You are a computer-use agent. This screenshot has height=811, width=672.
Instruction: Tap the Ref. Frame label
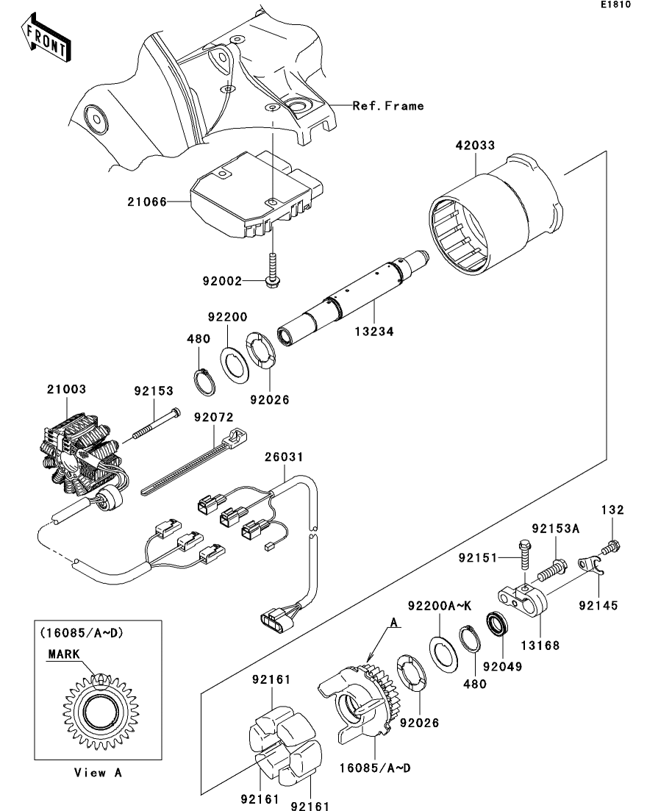[x=388, y=106]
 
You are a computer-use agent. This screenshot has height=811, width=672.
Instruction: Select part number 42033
[x=475, y=146]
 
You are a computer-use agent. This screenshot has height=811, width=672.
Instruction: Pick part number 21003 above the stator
[x=66, y=389]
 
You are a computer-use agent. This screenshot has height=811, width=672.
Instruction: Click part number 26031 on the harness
[x=284, y=457]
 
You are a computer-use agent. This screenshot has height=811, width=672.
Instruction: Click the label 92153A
[x=556, y=529]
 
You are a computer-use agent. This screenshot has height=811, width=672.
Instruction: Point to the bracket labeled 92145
[x=590, y=566]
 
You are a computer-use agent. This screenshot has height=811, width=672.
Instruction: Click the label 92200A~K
[x=439, y=606]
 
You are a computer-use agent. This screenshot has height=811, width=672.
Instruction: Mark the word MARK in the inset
[x=64, y=654]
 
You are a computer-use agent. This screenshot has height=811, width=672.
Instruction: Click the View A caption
[x=98, y=773]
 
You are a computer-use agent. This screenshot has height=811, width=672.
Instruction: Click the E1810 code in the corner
[x=615, y=4]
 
